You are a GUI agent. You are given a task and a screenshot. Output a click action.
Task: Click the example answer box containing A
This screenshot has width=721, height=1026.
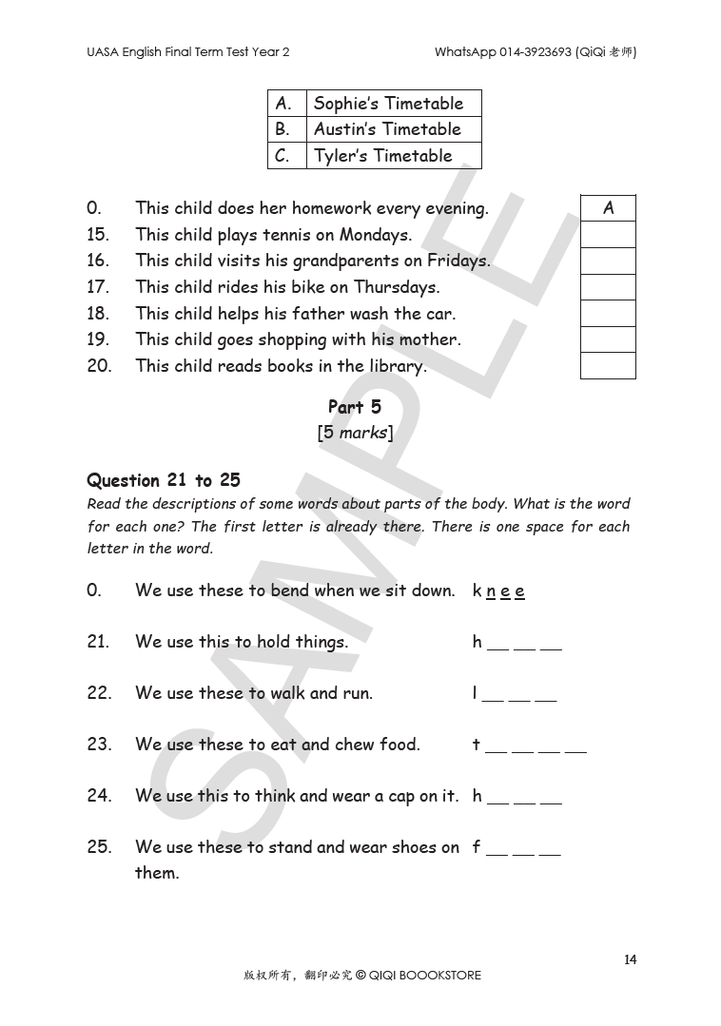pyautogui.click(x=608, y=208)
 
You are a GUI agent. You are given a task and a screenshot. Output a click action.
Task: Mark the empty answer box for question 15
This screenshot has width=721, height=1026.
pyautogui.click(x=608, y=234)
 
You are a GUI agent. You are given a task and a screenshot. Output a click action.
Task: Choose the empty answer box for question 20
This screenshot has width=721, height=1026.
pyautogui.click(x=608, y=365)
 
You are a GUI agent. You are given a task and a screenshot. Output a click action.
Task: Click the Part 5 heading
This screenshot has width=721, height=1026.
pyautogui.click(x=355, y=407)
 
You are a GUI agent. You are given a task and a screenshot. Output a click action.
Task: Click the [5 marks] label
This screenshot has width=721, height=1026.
pyautogui.click(x=355, y=433)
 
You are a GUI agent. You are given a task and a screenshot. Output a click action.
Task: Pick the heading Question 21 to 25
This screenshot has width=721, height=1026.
pyautogui.click(x=164, y=480)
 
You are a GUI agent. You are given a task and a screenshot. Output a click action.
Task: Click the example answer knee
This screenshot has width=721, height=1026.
pyautogui.click(x=498, y=590)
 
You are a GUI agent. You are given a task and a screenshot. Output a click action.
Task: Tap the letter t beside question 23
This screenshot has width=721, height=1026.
pyautogui.click(x=476, y=745)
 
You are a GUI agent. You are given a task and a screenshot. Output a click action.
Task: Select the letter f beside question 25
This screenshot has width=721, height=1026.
pyautogui.click(x=477, y=847)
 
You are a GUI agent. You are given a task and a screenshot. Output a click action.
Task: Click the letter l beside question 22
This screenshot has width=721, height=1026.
pyautogui.click(x=475, y=693)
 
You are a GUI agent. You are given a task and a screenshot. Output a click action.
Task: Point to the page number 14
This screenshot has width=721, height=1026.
pyautogui.click(x=631, y=959)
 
